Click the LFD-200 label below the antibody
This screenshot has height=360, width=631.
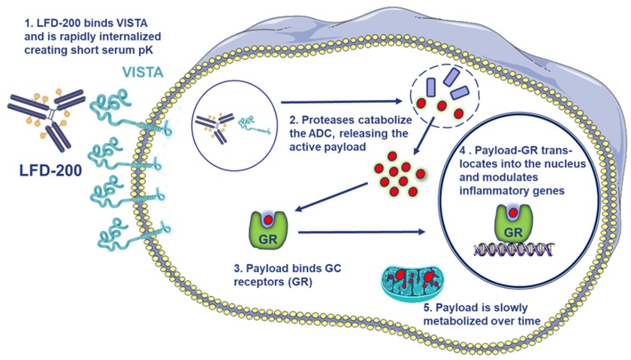[x=51, y=170]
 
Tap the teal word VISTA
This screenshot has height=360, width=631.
[x=143, y=72]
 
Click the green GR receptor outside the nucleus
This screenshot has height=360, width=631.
[x=268, y=230]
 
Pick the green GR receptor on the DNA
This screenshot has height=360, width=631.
[x=514, y=224]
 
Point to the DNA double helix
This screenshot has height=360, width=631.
[x=514, y=250]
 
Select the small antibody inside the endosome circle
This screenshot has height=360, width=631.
[x=215, y=127]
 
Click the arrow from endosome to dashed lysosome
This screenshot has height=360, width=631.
[x=341, y=102]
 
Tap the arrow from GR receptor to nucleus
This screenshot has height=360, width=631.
[x=361, y=231]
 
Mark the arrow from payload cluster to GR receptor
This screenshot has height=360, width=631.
[x=331, y=197]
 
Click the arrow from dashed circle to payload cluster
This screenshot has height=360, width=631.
[x=424, y=136]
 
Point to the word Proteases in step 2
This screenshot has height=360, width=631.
[x=328, y=120]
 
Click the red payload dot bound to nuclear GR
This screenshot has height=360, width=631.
[x=514, y=212]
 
